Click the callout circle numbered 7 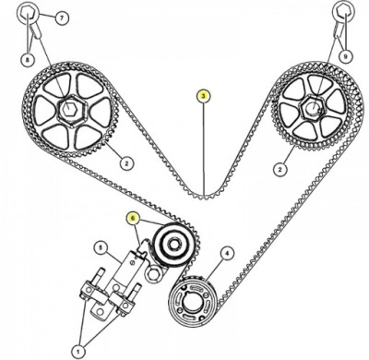tap(62, 18)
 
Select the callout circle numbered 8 tap(28, 59)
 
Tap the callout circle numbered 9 tap(346, 56)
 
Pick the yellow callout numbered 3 tap(204, 96)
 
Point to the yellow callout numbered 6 tap(133, 218)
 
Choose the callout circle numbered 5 tap(101, 248)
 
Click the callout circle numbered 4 tap(227, 253)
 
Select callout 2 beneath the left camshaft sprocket tap(125, 163)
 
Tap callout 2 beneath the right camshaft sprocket tap(280, 168)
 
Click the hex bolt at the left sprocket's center tap(70, 109)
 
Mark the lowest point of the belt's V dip tap(204, 198)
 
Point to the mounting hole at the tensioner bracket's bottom tap(101, 312)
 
